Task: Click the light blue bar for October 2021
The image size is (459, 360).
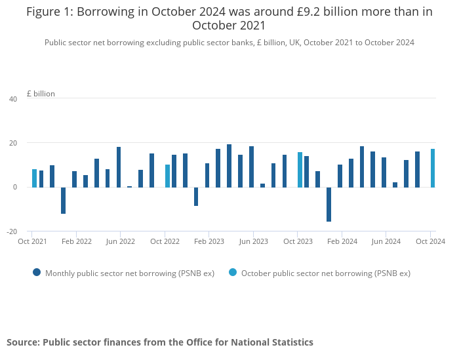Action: pyautogui.click(x=34, y=178)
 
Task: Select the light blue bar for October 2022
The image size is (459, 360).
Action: pyautogui.click(x=167, y=176)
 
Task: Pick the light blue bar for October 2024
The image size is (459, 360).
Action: pyautogui.click(x=433, y=168)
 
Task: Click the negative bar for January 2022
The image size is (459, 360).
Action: pyautogui.click(x=64, y=200)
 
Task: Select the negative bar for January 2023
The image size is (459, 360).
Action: pyautogui.click(x=196, y=196)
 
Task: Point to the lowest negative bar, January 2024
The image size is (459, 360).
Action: pyautogui.click(x=329, y=204)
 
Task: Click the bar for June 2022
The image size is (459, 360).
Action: pyautogui.click(x=119, y=167)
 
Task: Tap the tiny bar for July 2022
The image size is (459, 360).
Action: pyautogui.click(x=130, y=187)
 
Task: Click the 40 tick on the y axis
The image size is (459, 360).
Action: pyautogui.click(x=13, y=99)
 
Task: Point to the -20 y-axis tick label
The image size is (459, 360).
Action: pyautogui.click(x=12, y=231)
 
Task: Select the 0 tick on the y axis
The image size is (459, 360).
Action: pyautogui.click(x=14, y=187)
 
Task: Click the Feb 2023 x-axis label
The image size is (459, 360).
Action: pyautogui.click(x=210, y=241)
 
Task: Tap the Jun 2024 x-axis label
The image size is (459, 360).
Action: pyautogui.click(x=386, y=241)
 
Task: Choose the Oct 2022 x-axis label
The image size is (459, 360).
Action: pyautogui.click(x=165, y=241)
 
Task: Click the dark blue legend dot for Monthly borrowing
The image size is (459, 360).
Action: pyautogui.click(x=37, y=272)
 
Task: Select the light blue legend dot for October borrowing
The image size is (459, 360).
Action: pyautogui.click(x=233, y=272)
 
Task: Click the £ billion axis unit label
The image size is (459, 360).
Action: pyautogui.click(x=41, y=94)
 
